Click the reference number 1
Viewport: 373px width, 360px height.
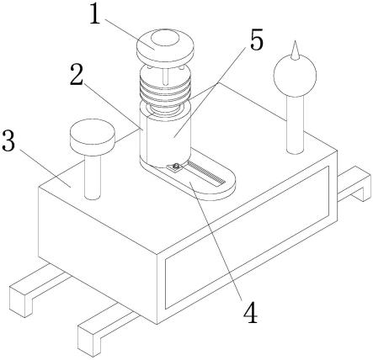(95, 13)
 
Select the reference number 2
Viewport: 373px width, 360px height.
(77, 74)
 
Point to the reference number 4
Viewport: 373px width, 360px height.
(250, 312)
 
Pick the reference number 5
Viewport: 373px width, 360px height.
(257, 40)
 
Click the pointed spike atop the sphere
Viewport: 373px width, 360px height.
(295, 50)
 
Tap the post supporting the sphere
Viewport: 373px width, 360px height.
(296, 124)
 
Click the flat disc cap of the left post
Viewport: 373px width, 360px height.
(93, 135)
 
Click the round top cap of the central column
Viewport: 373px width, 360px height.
(165, 46)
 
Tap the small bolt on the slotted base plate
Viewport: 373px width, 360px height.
(176, 167)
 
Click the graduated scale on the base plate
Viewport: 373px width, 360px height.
(205, 172)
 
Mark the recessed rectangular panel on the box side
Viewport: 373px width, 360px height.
(247, 237)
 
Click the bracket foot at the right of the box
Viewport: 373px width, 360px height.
(354, 184)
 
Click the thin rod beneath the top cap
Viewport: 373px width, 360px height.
(166, 76)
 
